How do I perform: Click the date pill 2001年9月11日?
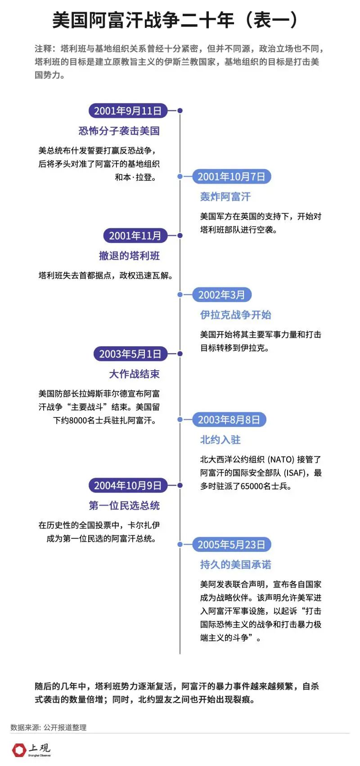[x=128, y=111]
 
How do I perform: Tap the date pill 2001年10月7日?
[x=232, y=177]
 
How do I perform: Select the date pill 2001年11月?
[x=135, y=236]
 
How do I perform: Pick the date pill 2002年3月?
[x=222, y=295]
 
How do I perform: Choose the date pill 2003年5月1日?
[x=130, y=354]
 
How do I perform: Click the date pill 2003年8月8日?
[x=229, y=420]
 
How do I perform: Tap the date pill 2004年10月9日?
[x=128, y=485]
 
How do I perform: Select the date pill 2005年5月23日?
[x=232, y=544]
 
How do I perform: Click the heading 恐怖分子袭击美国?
[x=119, y=131]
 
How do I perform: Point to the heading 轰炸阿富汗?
[x=225, y=197]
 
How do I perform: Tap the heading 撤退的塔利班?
[x=129, y=256]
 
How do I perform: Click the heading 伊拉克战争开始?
[x=236, y=315]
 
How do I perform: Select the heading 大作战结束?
[x=135, y=374]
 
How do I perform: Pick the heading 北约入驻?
[x=220, y=440]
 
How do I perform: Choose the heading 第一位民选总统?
[x=124, y=506]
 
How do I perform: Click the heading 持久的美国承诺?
[x=236, y=564]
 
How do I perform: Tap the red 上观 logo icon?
[x=19, y=750]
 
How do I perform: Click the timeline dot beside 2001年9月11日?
[x=180, y=111]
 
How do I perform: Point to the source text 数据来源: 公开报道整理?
[x=48, y=727]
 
